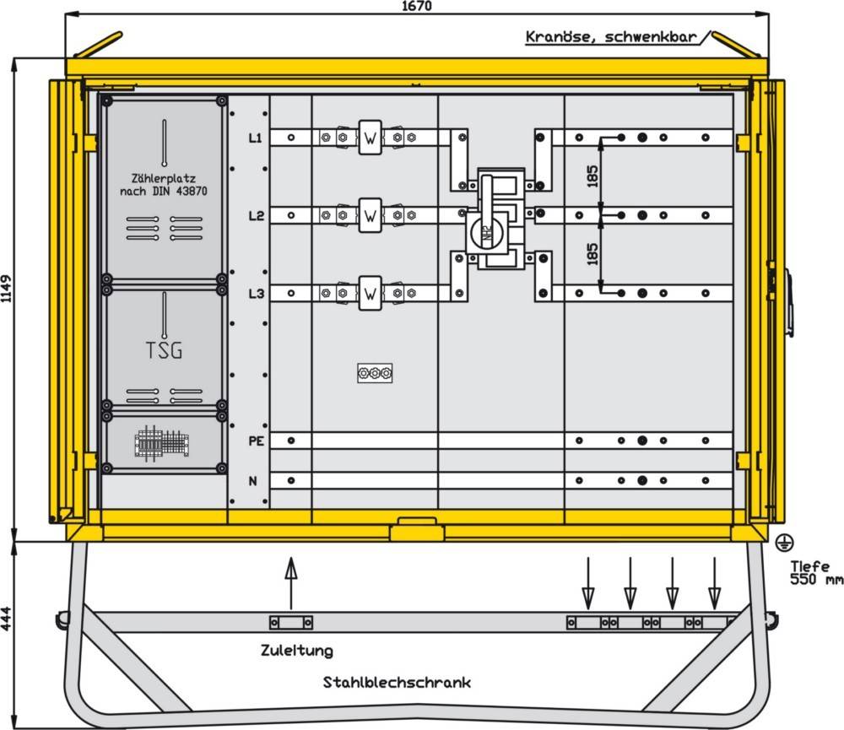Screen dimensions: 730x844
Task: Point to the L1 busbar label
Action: coord(256,137)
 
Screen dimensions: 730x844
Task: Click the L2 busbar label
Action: coord(256,216)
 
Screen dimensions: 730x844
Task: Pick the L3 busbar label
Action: coord(256,294)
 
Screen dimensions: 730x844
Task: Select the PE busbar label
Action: coord(256,441)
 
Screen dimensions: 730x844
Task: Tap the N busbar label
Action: coord(252,481)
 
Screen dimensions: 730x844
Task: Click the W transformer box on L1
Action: coord(370,138)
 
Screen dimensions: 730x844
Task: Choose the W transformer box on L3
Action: coord(370,295)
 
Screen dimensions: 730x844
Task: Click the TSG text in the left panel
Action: coord(165,350)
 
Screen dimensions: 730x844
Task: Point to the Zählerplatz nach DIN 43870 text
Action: coord(164,185)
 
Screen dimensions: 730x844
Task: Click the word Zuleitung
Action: coord(296,651)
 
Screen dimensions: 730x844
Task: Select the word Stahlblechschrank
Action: coord(397,682)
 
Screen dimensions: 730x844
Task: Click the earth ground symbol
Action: coord(782,539)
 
